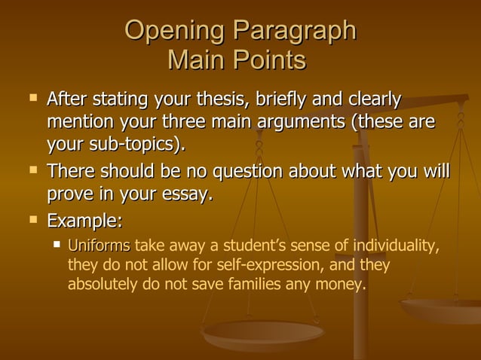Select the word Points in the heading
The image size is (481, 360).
click(268, 59)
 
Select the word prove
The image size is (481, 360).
click(71, 194)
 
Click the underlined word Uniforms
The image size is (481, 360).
click(99, 246)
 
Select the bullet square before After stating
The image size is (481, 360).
click(32, 98)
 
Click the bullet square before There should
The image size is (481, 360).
click(32, 169)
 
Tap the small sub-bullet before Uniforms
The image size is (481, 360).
click(57, 244)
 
